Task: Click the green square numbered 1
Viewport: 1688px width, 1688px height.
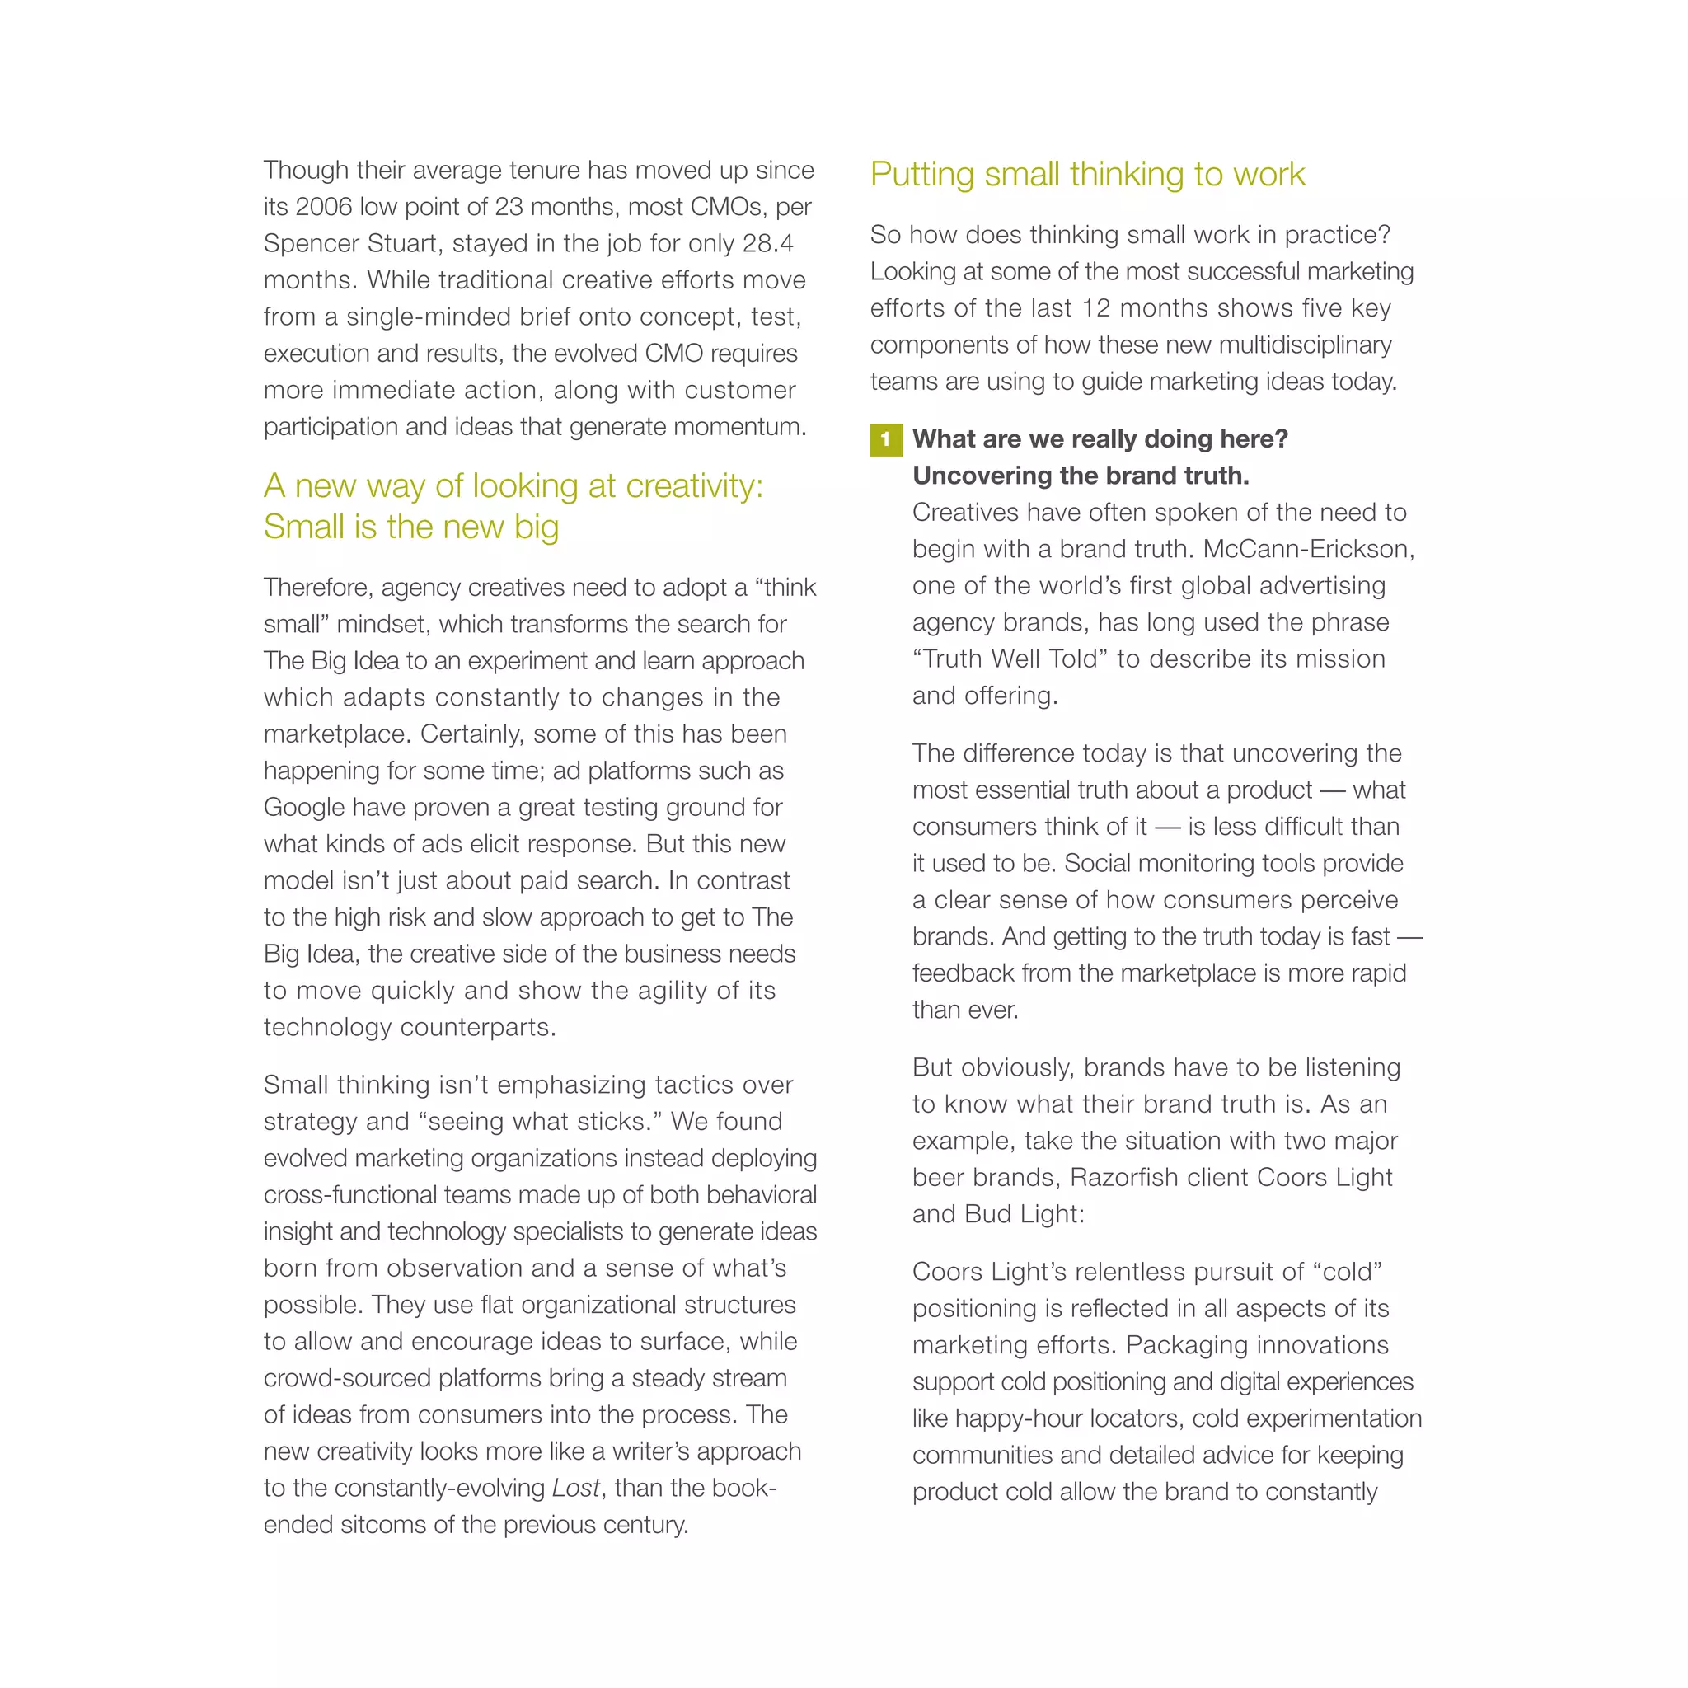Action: pyautogui.click(x=885, y=439)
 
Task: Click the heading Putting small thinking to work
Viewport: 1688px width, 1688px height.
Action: pyautogui.click(x=1087, y=175)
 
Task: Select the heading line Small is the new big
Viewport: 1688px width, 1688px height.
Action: pyautogui.click(x=410, y=527)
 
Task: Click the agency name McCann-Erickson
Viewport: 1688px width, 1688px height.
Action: pyautogui.click(x=1308, y=550)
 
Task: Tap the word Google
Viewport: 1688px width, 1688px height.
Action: pyautogui.click(x=305, y=807)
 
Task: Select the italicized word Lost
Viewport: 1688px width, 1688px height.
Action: pyautogui.click(x=576, y=1488)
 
